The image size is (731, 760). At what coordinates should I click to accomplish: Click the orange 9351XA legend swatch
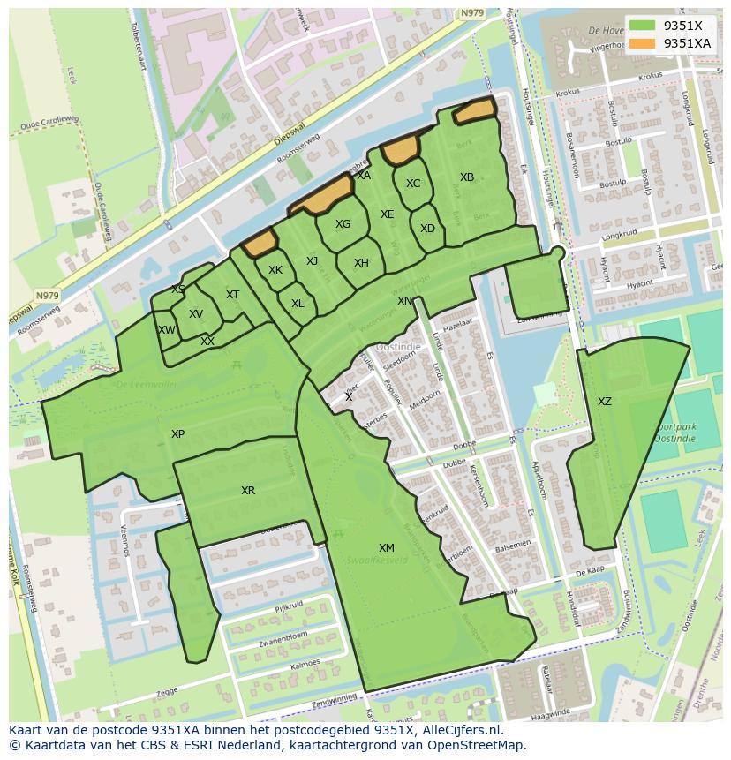pyautogui.click(x=643, y=42)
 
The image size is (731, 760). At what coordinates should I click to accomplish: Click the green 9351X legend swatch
pyautogui.click(x=643, y=26)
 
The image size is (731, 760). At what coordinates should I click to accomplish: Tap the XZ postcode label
pyautogui.click(x=604, y=402)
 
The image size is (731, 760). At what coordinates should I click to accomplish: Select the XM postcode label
pyautogui.click(x=387, y=548)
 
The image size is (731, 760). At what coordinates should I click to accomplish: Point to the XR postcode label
pyautogui.click(x=248, y=490)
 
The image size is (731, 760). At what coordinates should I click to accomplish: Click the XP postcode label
pyautogui.click(x=178, y=434)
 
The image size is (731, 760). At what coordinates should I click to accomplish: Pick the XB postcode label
pyautogui.click(x=467, y=177)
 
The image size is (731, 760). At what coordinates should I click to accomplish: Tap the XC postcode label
pyautogui.click(x=413, y=184)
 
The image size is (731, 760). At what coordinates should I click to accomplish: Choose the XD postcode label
pyautogui.click(x=427, y=229)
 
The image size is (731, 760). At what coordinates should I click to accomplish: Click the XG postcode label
pyautogui.click(x=343, y=224)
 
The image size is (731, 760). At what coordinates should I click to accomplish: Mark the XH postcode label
pyautogui.click(x=361, y=263)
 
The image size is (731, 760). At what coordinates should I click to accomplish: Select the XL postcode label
pyautogui.click(x=298, y=304)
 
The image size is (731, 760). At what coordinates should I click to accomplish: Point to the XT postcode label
pyautogui.click(x=232, y=295)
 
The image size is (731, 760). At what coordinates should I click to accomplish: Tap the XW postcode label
pyautogui.click(x=166, y=330)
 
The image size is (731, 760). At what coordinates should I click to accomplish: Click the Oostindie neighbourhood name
pyautogui.click(x=398, y=347)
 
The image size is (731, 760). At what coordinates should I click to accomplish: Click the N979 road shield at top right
pyautogui.click(x=473, y=12)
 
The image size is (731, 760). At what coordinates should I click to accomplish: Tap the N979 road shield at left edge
pyautogui.click(x=47, y=296)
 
